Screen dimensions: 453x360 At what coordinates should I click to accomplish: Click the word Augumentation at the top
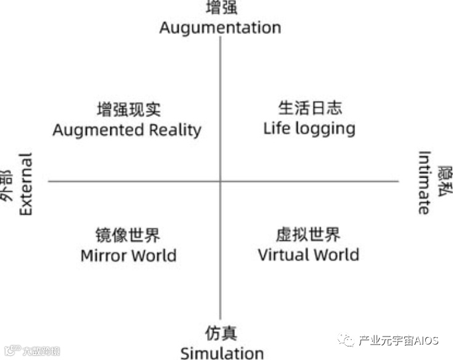pyautogui.click(x=220, y=28)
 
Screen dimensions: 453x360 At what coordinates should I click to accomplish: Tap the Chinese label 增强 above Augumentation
pyautogui.click(x=220, y=8)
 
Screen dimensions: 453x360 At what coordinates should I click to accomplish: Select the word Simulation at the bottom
pyautogui.click(x=222, y=353)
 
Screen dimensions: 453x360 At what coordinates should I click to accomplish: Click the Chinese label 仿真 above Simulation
pyautogui.click(x=221, y=333)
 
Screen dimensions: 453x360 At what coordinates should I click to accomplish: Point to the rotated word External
pyautogui.click(x=25, y=184)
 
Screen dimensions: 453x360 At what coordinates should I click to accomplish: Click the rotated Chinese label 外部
pyautogui.click(x=7, y=184)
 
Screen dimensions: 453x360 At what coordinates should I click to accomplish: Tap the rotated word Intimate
pyautogui.click(x=424, y=182)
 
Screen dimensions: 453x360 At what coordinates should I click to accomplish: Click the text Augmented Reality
pyautogui.click(x=127, y=130)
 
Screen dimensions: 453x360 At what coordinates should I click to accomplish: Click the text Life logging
pyautogui.click(x=309, y=128)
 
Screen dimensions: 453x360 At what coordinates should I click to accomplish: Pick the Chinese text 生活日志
pyautogui.click(x=309, y=108)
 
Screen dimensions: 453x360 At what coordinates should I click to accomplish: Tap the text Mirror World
pyautogui.click(x=128, y=255)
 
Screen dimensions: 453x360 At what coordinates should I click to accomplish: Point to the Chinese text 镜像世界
pyautogui.click(x=128, y=235)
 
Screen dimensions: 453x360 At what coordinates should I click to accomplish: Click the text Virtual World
pyautogui.click(x=308, y=255)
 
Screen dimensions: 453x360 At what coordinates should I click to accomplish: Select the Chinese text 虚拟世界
pyautogui.click(x=308, y=234)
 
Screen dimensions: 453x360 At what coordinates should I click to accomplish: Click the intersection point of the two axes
pyautogui.click(x=220, y=181)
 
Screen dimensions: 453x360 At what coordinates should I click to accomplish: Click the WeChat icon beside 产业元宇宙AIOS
pyautogui.click(x=348, y=340)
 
